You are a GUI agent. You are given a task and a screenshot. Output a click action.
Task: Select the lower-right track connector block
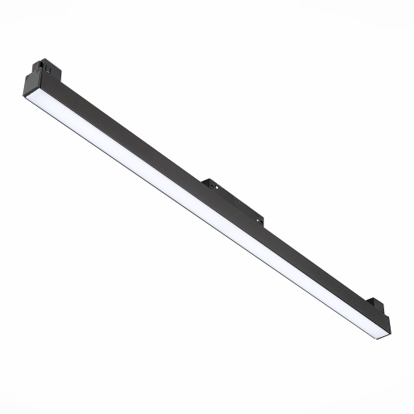[x=373, y=306]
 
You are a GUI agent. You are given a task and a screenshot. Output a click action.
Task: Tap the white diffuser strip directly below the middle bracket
[x=207, y=211]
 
